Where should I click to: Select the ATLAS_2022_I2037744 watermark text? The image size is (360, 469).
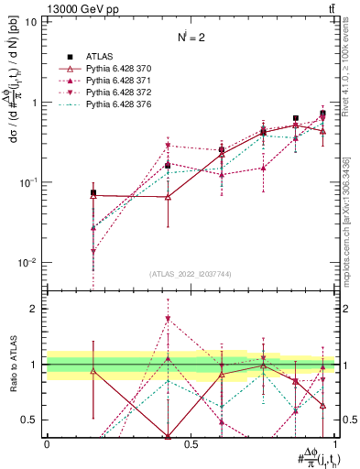coord(191,274)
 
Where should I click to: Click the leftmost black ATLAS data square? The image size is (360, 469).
coord(93,193)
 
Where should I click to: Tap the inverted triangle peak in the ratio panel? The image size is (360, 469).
coord(168,319)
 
